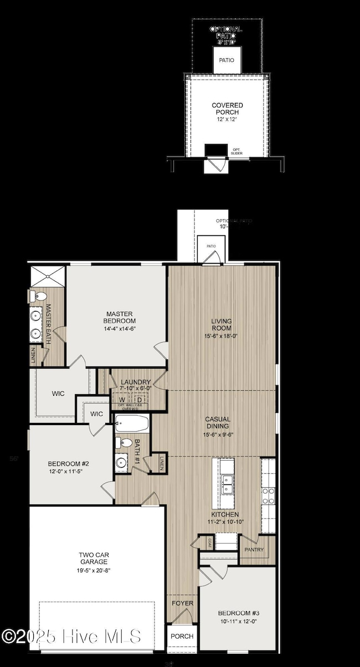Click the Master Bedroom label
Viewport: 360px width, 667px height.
(x=119, y=317)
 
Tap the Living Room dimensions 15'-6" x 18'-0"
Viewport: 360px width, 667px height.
(x=221, y=335)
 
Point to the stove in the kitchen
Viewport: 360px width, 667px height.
(x=268, y=495)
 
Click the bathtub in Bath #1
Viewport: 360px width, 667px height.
(x=132, y=425)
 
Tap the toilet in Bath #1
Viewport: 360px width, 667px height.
(x=120, y=443)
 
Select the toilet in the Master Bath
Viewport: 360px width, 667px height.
(x=37, y=296)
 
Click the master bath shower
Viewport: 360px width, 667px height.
(x=48, y=276)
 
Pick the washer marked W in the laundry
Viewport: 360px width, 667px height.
(x=121, y=400)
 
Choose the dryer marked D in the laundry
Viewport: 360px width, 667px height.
(x=140, y=400)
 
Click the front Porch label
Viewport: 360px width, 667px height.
(x=181, y=636)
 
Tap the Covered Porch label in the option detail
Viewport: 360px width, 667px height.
(x=227, y=108)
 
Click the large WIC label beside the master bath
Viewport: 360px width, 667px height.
(x=58, y=394)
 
